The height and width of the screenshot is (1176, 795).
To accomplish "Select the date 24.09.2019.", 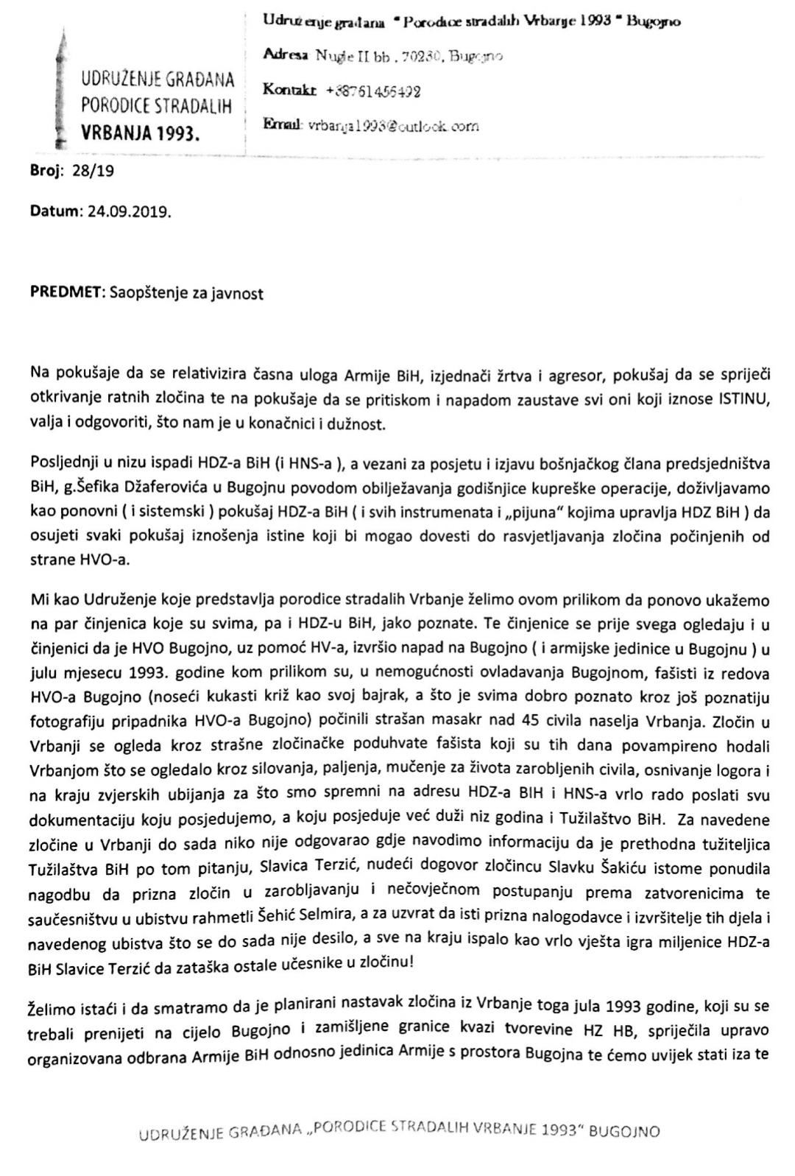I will pos(129,211).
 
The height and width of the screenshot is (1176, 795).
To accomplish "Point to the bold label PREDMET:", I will pos(68,293).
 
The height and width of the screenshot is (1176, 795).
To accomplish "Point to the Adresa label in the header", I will pos(286,55).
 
